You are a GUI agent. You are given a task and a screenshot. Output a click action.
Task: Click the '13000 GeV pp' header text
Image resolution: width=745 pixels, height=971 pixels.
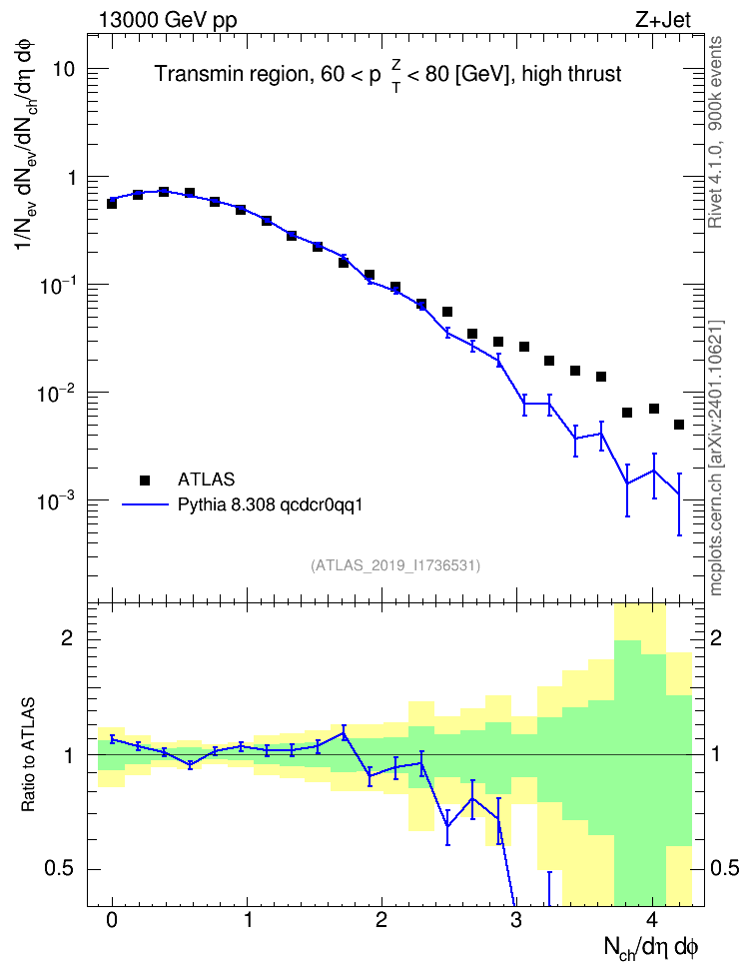coord(168,21)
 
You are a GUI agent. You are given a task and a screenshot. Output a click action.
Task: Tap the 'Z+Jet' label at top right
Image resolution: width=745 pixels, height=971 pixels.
coord(663,20)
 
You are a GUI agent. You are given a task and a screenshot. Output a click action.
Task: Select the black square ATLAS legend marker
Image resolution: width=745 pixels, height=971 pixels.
coord(145,480)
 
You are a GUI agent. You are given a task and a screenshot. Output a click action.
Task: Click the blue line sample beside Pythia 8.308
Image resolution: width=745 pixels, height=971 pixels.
coord(146,504)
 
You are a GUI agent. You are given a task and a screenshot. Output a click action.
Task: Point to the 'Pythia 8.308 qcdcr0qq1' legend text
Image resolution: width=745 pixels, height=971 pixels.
coord(270,505)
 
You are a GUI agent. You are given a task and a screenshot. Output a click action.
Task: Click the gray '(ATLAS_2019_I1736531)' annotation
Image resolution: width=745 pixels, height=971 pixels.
coord(395,564)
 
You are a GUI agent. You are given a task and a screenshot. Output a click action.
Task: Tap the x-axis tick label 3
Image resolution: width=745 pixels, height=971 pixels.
coord(516,920)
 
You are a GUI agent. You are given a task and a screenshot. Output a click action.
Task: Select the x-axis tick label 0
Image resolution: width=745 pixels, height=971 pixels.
coord(112,920)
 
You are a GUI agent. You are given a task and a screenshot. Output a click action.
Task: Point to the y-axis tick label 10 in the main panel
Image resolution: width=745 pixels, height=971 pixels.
coord(64,69)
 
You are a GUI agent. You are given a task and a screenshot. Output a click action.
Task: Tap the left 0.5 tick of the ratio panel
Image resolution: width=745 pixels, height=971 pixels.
coord(61,869)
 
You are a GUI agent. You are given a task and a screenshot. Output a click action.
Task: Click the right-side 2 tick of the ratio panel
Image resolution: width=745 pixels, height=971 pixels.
coord(716,638)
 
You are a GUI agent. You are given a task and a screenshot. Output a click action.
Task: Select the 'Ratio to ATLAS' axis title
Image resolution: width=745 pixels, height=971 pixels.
coord(28,755)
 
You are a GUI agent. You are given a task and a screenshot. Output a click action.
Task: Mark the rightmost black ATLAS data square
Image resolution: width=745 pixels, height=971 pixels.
coord(679,425)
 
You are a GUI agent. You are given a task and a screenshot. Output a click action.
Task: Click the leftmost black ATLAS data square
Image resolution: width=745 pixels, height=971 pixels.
coord(112,203)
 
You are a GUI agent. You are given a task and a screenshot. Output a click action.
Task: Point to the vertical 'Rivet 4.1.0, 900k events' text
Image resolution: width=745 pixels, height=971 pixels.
coord(715,133)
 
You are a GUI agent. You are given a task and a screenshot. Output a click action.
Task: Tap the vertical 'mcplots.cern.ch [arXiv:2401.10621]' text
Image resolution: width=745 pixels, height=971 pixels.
coord(715,459)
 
